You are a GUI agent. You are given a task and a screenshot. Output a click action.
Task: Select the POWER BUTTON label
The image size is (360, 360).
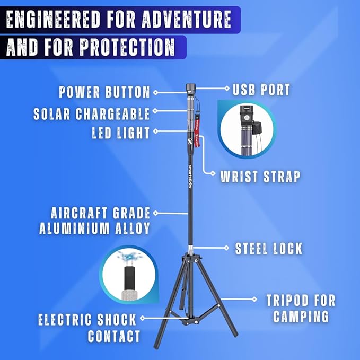tap(104, 92)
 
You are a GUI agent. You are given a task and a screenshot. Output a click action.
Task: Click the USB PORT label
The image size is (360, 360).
tap(261, 90)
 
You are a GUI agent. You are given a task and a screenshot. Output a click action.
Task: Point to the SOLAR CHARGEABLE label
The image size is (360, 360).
tap(92, 113)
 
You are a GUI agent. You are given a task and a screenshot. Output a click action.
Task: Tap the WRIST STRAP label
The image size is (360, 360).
tap(260, 177)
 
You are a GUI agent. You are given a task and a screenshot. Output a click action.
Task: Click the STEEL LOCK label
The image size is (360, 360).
tap(269, 248)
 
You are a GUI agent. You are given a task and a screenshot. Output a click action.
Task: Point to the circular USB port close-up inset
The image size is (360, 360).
tap(247, 130)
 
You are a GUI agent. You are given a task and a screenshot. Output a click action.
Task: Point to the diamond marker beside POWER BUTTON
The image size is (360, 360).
tap(155, 92)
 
